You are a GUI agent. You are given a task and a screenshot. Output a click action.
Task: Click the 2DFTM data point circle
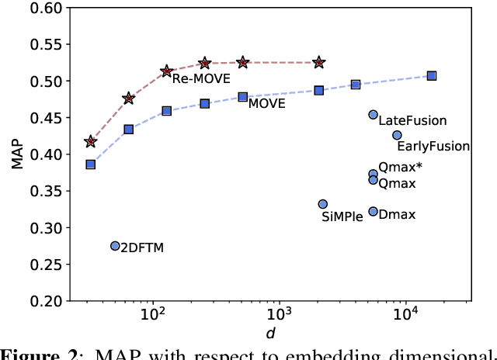pos(115,246)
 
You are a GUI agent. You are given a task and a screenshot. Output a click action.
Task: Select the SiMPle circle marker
pos(323,204)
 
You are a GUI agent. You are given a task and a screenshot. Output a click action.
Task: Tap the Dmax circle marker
pos(373,212)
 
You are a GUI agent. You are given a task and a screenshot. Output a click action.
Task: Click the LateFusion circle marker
pos(373,115)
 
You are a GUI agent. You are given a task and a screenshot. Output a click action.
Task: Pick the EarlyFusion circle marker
pos(397,135)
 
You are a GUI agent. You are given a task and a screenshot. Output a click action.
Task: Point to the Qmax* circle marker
pos(373,174)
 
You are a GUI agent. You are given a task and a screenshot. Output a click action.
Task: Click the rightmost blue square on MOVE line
pos(432,75)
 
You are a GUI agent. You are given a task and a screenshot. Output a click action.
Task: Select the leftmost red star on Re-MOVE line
pos(91,141)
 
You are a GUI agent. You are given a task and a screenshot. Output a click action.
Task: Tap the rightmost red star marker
pos(319,62)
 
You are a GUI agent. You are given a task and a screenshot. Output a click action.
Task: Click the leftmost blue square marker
pos(91,164)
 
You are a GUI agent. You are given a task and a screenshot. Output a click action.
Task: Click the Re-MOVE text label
pos(201,78)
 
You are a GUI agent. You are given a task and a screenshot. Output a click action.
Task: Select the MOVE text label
pos(266,104)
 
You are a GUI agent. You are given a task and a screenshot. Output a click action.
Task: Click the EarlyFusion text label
pos(433,146)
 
